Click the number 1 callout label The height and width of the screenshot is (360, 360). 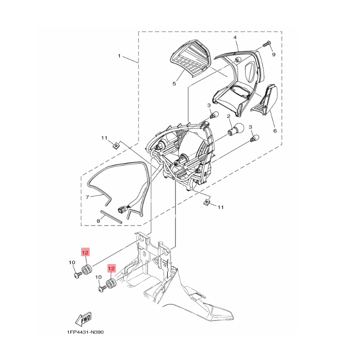pyautogui.click(x=119, y=56)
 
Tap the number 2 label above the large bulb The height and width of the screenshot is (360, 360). pyautogui.click(x=228, y=116)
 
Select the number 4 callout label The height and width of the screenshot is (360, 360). pyautogui.click(x=235, y=37)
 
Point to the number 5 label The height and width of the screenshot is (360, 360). pyautogui.click(x=174, y=84)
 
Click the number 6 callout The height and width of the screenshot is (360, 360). pyautogui.click(x=275, y=131)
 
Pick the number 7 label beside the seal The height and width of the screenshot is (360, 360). pyautogui.click(x=87, y=197)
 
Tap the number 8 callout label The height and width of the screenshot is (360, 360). pyautogui.click(x=98, y=221)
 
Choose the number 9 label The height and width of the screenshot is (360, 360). pyautogui.click(x=273, y=54)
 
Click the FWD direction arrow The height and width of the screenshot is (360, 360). pyautogui.click(x=83, y=318)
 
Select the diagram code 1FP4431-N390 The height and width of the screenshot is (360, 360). pyautogui.click(x=85, y=332)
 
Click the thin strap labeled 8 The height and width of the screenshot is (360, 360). pyautogui.click(x=111, y=216)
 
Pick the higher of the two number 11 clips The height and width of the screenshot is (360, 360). pyautogui.click(x=116, y=145)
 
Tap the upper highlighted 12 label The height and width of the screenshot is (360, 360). pyautogui.click(x=85, y=253)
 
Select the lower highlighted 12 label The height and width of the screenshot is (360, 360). pyautogui.click(x=111, y=268)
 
